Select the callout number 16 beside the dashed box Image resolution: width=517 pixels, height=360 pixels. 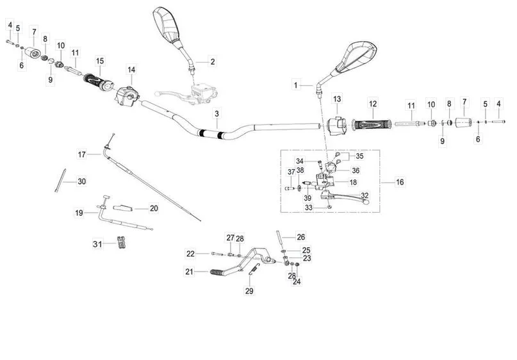pos(400,183)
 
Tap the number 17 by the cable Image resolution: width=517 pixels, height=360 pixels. pos(81,154)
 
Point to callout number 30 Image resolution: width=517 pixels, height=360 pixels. pos(81,182)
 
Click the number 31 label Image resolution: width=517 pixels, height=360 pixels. pos(97,244)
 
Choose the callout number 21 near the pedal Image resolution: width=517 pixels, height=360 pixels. pos(189,272)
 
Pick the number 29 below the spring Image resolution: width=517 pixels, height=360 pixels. pos(249,291)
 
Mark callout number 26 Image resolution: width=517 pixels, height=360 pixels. pos(300,236)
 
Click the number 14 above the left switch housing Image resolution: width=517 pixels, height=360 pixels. pos(131,69)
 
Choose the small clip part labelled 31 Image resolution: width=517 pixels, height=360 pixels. pos(119,243)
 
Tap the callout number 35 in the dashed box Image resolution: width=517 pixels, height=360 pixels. pos(359,156)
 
